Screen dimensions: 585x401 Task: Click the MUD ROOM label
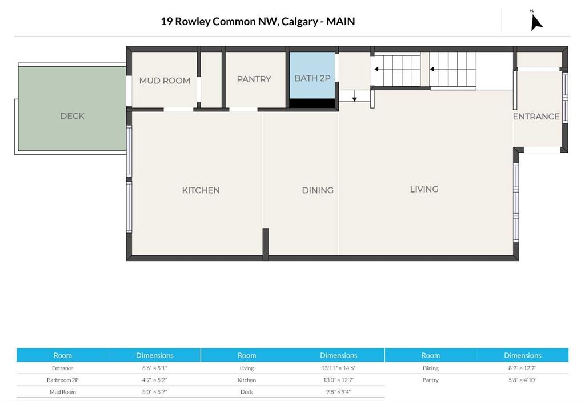click(x=165, y=81)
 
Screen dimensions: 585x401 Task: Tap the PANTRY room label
click(x=254, y=79)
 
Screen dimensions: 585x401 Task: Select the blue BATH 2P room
click(x=312, y=75)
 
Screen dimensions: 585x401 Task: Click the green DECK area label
click(x=72, y=116)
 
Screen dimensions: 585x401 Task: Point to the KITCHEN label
click(x=201, y=190)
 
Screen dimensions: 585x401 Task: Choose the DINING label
click(x=318, y=190)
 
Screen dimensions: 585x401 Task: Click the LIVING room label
click(x=424, y=189)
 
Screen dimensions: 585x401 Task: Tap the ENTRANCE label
click(x=536, y=117)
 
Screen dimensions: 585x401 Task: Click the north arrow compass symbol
click(x=536, y=22)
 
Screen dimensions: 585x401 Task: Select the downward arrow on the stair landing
click(x=354, y=96)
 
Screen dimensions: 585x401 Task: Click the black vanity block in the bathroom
click(x=312, y=103)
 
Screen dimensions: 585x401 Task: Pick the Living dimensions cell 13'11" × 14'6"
click(x=338, y=368)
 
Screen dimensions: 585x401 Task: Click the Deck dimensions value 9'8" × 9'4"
click(x=338, y=392)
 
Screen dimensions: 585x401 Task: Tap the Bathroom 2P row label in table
click(x=63, y=380)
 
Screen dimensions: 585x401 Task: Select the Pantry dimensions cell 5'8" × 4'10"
click(x=522, y=380)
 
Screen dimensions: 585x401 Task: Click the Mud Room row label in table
click(x=63, y=392)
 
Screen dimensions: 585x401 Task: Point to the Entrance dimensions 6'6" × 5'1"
click(x=154, y=368)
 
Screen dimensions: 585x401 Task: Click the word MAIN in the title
click(x=340, y=22)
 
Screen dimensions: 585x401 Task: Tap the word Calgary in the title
click(x=299, y=22)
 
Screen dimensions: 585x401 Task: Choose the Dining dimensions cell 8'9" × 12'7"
click(x=522, y=368)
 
